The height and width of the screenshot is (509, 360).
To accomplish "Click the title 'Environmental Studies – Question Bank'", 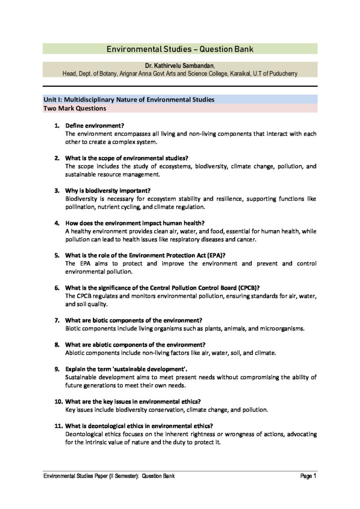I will [x=180, y=49].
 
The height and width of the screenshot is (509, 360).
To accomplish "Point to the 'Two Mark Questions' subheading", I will [x=74, y=108].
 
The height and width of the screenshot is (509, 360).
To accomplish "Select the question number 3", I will [x=57, y=190].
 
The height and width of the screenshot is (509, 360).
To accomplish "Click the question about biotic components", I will [x=134, y=320].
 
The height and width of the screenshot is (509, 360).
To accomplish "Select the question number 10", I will [x=58, y=401].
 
